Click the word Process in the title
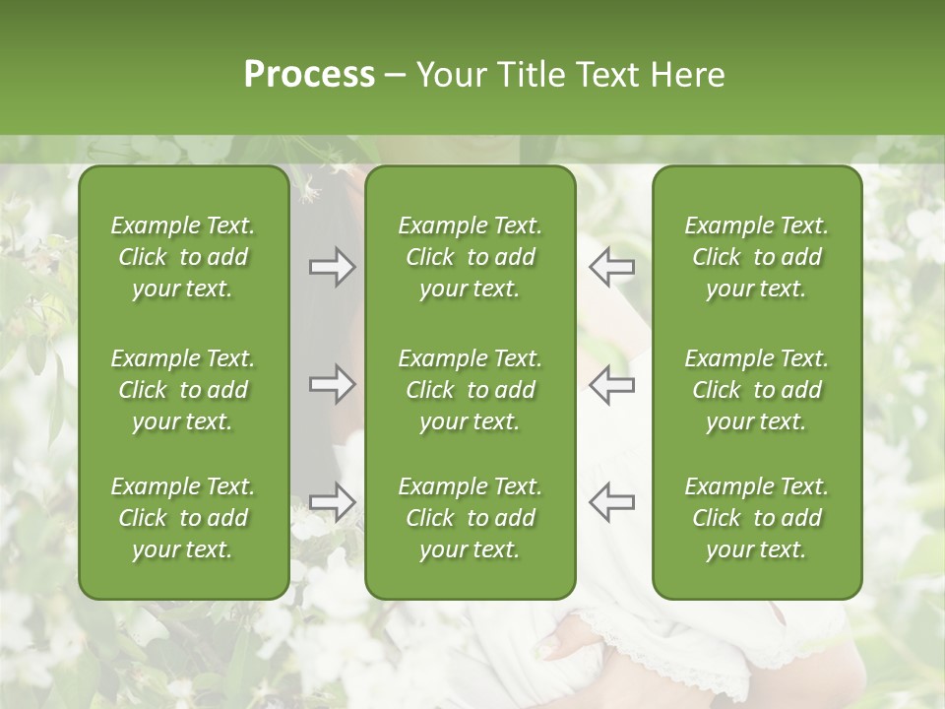309,75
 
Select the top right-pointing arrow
332,267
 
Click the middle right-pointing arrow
332,384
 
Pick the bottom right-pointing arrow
332,501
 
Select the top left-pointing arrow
611,267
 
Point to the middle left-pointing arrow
611,384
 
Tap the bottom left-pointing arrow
611,501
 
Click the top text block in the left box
183,257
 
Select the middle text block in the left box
183,390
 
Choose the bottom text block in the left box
183,518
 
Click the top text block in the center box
470,257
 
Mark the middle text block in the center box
470,390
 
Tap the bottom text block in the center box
470,518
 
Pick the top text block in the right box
756,257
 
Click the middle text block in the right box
756,390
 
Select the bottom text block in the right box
756,518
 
